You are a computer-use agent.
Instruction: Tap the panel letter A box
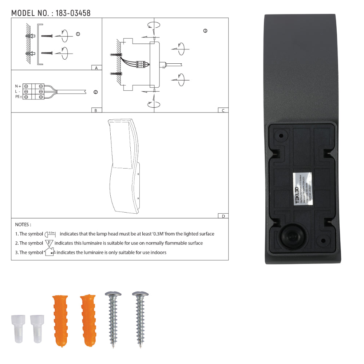[96, 68]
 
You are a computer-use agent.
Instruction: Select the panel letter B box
[96, 110]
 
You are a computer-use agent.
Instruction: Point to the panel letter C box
[223, 110]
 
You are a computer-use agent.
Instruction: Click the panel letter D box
[223, 216]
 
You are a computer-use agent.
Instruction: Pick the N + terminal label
[18, 86]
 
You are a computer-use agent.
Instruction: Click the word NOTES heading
[23, 225]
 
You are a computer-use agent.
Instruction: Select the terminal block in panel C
[141, 64]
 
